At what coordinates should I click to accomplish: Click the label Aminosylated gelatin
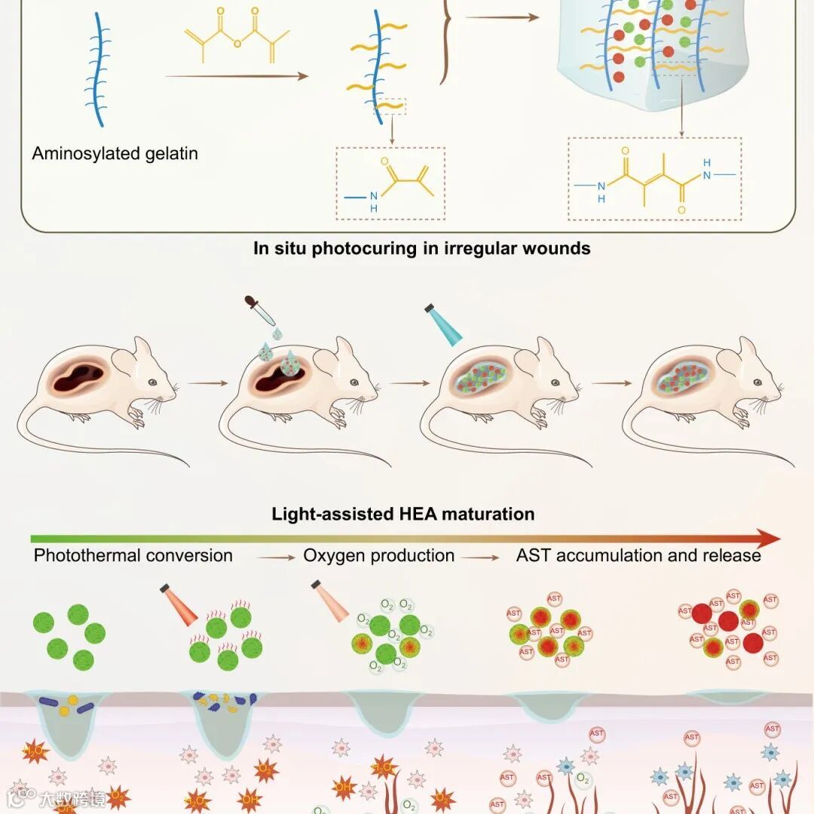click(115, 154)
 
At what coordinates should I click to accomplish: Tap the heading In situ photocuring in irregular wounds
click(421, 247)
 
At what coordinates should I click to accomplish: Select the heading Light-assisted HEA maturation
click(403, 515)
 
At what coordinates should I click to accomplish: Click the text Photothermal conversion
click(133, 556)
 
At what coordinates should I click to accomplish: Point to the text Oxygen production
click(378, 556)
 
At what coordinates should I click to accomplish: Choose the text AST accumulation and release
click(638, 556)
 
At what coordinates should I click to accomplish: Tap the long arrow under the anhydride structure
click(236, 75)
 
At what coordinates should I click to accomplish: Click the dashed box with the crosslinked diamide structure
click(654, 178)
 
